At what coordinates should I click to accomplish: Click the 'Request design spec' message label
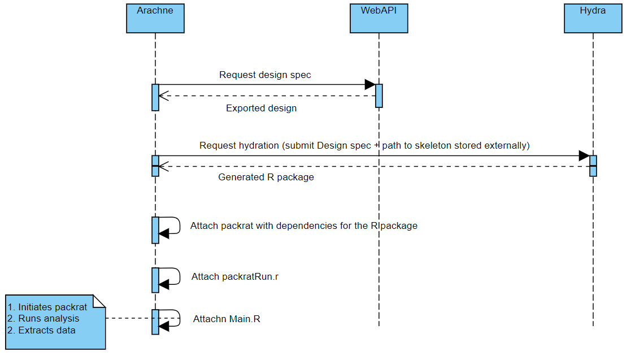coord(265,75)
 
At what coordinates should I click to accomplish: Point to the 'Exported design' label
coord(261,108)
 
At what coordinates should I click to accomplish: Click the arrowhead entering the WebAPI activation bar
coord(370,85)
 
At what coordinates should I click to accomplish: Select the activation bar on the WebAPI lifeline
coord(379,96)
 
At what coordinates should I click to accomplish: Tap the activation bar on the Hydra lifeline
coord(593,166)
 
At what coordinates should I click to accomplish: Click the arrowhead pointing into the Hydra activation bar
coord(584,155)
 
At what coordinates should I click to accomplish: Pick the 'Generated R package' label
coord(266,177)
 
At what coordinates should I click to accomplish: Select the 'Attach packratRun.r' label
coord(235,277)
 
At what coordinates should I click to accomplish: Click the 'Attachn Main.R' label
coord(227,319)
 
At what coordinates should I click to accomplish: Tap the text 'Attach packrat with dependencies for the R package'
coord(303,225)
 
